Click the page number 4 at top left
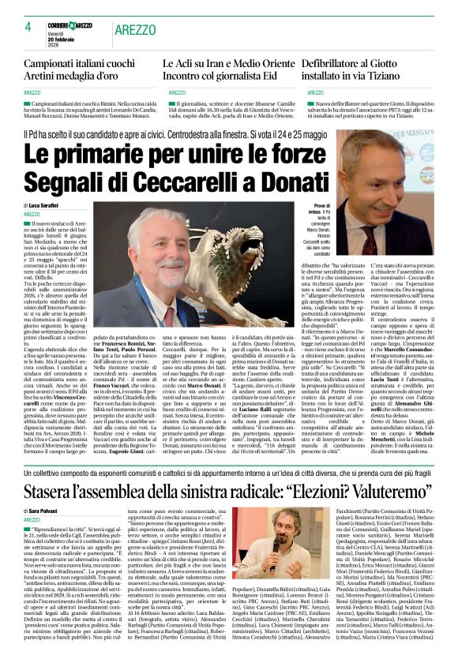click(x=27, y=26)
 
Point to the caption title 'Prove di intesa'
click(x=300, y=208)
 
